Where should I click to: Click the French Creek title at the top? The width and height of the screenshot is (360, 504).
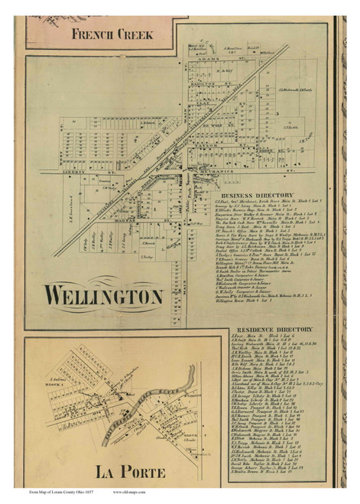coord(112,34)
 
